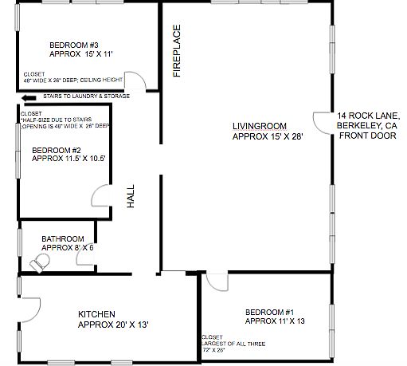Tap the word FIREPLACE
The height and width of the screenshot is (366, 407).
pos(177,51)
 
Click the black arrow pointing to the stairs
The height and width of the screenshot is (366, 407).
pos(29,97)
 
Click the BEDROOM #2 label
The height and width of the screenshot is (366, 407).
pos(58,149)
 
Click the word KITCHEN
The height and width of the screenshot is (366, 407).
pos(96,313)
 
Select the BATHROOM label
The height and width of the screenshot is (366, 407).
pos(64,238)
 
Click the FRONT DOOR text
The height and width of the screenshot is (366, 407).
pos(366,136)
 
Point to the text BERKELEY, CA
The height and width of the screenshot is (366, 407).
pos(367,126)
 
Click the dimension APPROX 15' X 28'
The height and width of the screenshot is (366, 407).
pos(268,136)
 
